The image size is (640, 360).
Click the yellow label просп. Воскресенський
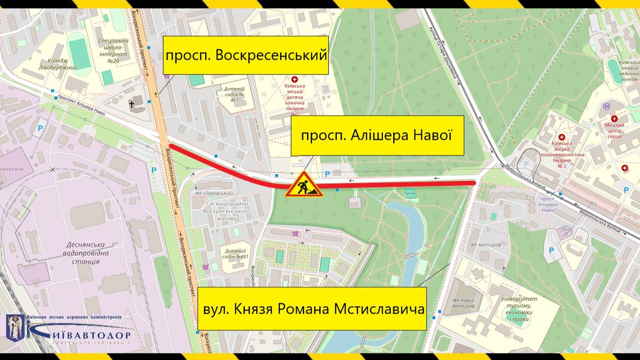point(246,55)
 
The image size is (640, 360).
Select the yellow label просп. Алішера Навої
point(377,136)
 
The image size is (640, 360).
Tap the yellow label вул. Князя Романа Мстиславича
point(312,309)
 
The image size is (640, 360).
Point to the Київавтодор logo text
point(90,335)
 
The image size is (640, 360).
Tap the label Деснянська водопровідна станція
point(86,253)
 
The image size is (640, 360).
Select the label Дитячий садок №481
point(235,254)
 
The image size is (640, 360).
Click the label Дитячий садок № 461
point(234,94)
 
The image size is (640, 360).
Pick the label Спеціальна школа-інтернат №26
point(113,51)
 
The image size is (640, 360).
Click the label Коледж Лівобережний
point(58,64)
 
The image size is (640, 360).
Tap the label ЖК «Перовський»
point(214,193)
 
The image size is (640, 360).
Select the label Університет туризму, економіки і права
point(519,309)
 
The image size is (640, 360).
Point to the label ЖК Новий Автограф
point(463,303)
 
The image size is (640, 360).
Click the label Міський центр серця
point(614,130)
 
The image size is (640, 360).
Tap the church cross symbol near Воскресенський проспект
point(132,105)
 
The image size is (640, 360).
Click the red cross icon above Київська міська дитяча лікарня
point(294,79)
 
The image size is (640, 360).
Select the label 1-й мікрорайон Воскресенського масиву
point(227,211)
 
